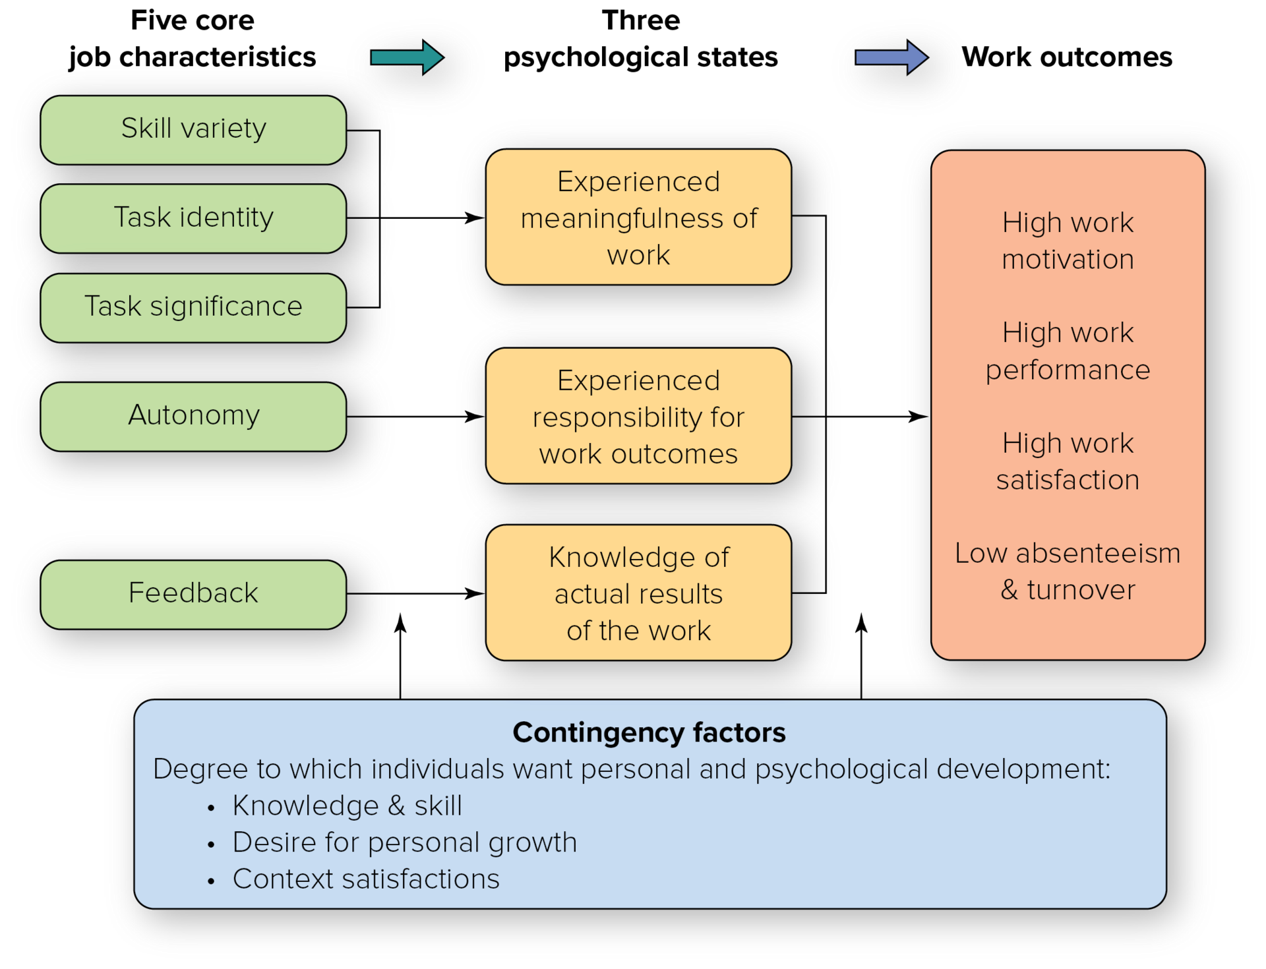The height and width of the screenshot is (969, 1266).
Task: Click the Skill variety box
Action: point(193,130)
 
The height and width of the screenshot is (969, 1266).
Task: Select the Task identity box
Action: point(193,218)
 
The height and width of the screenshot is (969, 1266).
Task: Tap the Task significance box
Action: point(193,307)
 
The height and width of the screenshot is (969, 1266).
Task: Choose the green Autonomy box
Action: point(193,416)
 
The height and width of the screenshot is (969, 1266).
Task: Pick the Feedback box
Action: point(193,594)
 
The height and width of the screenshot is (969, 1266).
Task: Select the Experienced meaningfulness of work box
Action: point(638,217)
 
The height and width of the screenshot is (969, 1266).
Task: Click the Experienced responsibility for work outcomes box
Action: point(638,416)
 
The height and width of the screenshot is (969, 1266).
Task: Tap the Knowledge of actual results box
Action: point(638,593)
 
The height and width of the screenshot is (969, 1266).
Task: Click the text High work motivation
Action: point(1068,241)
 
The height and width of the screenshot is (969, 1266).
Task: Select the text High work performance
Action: point(1068,351)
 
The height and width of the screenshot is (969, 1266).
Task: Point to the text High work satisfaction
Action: point(1068,461)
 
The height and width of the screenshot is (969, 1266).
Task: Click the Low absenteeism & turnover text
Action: point(1068,571)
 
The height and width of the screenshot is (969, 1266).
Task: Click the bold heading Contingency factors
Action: point(649,732)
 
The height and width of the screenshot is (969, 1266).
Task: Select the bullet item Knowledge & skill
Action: point(347,806)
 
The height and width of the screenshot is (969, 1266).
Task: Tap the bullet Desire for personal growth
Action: point(404,842)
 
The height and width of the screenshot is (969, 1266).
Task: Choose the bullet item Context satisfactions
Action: point(366,879)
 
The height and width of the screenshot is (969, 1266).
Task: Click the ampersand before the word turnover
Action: point(1009,589)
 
